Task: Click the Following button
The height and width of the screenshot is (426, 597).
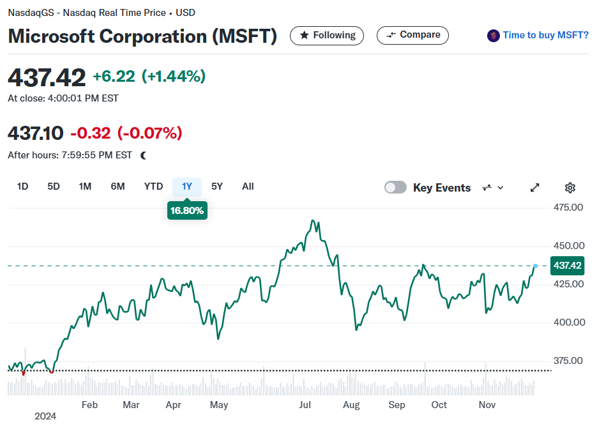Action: (327, 35)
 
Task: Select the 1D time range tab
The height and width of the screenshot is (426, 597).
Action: (22, 186)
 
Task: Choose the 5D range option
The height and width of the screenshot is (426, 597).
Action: (53, 186)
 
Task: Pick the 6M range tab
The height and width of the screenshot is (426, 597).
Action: (117, 186)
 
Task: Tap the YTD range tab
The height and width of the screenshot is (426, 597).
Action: (153, 186)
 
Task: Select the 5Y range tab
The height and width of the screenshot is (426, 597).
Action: (217, 186)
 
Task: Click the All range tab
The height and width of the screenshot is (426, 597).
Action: (248, 186)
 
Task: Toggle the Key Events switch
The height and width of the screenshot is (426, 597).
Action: (395, 187)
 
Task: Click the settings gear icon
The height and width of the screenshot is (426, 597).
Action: (570, 188)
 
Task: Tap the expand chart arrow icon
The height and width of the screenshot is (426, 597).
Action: (535, 188)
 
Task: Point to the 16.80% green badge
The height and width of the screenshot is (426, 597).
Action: (187, 211)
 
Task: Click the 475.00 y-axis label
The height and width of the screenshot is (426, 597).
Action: (568, 208)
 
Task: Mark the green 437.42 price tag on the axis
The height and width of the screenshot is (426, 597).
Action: (567, 266)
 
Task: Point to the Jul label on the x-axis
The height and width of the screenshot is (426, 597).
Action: (305, 405)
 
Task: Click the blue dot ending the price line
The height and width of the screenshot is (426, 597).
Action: (536, 266)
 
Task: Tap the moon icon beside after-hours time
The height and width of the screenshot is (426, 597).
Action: (143, 155)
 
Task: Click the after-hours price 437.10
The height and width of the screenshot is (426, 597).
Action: (35, 133)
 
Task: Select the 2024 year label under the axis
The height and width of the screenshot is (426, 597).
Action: (45, 416)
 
